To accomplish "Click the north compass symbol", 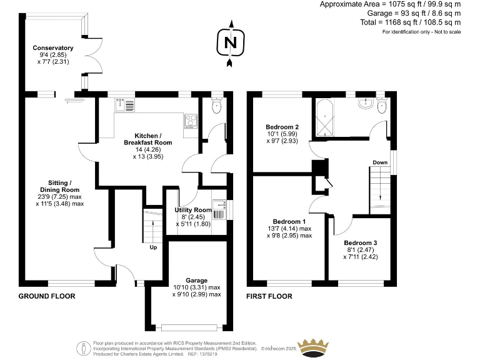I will (x=231, y=43).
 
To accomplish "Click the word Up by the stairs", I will (x=153, y=247).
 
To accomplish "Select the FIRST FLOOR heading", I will (x=269, y=296).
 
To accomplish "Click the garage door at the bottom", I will (x=191, y=327).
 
